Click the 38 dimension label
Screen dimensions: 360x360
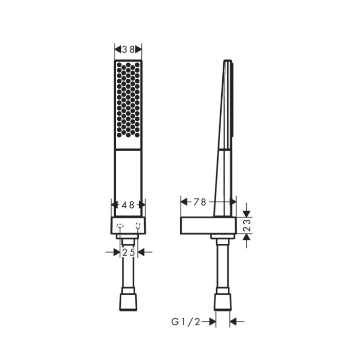click(x=128, y=49)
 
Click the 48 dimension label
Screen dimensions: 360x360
click(x=128, y=204)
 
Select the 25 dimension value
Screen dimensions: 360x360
click(x=128, y=252)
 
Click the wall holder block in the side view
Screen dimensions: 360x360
click(x=208, y=225)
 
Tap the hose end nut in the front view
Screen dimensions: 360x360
click(x=128, y=302)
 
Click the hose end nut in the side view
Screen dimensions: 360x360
click(x=223, y=302)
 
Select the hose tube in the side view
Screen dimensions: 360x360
click(x=223, y=267)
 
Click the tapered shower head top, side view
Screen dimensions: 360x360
click(x=228, y=103)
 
